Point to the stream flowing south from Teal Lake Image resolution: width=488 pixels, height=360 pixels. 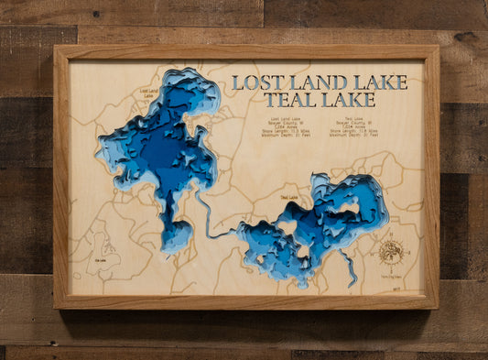coord(349,269)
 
